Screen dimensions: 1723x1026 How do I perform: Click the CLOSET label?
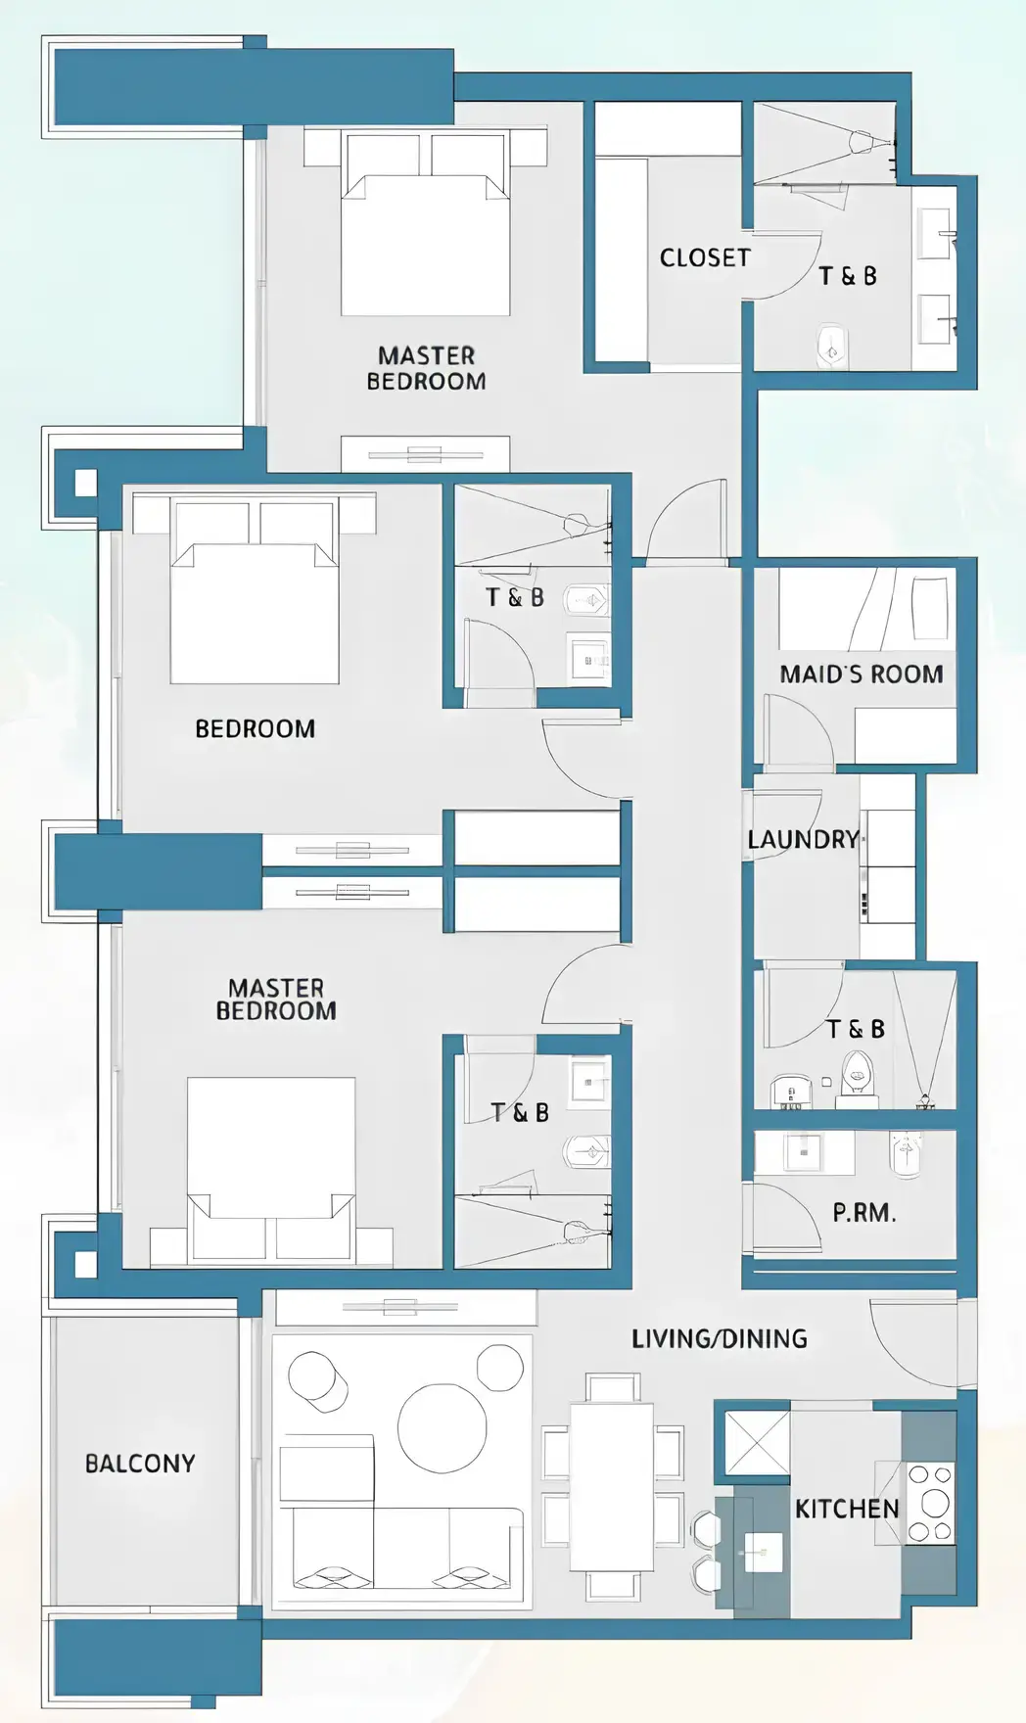704,257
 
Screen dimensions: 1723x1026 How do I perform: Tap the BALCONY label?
140,1464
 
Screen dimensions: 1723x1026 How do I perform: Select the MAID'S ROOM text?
861,674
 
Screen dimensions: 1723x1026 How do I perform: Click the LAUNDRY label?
803,839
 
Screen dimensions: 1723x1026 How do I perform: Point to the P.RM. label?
863,1213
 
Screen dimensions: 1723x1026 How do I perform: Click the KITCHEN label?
846,1509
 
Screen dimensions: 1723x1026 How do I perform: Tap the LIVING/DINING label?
719,1338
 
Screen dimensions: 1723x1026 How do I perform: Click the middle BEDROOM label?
255,728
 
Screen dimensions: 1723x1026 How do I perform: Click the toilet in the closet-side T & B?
831,346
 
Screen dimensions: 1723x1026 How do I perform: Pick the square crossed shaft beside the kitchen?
756,1442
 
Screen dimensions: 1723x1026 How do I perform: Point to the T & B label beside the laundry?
855,1029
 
